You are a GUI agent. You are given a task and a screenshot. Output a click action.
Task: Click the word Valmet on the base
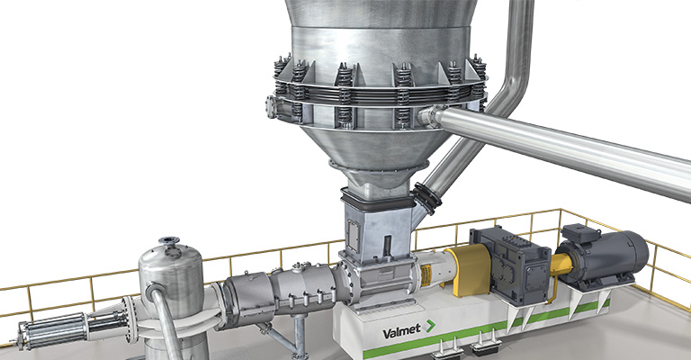point(401,331)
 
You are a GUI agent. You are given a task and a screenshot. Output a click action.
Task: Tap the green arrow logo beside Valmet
point(429,327)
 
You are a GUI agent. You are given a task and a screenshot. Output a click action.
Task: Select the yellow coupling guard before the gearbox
point(469,270)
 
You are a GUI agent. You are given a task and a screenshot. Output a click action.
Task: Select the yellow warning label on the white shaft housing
point(426,275)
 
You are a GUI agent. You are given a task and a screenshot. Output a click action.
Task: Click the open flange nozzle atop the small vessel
point(169,241)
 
